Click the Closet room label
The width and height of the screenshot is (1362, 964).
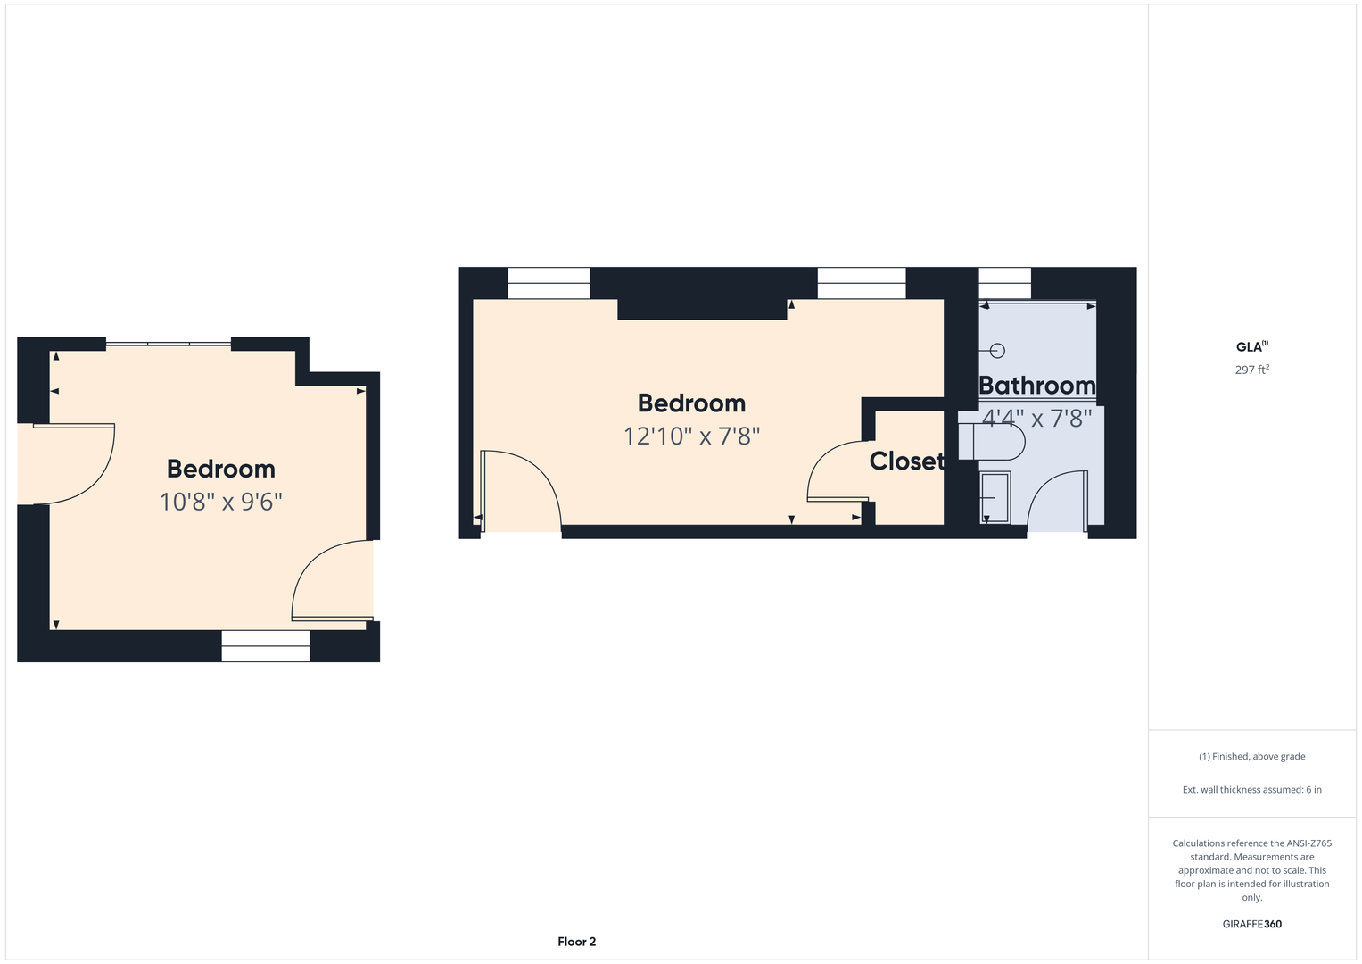tap(906, 461)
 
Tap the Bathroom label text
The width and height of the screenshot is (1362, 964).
tap(1037, 386)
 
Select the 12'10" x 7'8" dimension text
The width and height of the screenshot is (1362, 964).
tap(692, 436)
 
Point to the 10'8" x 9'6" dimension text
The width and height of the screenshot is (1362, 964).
tap(221, 502)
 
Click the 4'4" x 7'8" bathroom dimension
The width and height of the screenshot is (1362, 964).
tap(1037, 419)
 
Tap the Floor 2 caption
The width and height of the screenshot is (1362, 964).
tap(576, 942)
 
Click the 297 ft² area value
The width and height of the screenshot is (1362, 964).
tap(1252, 370)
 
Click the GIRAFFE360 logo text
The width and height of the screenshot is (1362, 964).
tap(1252, 924)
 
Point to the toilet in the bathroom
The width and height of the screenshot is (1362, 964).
tap(991, 441)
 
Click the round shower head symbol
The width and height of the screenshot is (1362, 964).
tap(997, 351)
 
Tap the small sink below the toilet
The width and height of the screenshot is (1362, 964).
tap(995, 497)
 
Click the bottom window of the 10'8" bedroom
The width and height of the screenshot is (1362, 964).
tap(266, 645)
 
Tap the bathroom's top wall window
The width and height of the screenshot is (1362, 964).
tap(1004, 283)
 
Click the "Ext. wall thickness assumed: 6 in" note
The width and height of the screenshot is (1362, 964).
tap(1252, 789)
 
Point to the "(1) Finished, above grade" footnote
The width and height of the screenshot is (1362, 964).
tap(1252, 757)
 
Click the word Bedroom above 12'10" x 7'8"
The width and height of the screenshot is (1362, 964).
tap(692, 403)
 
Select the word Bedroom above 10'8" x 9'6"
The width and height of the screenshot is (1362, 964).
tap(221, 470)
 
